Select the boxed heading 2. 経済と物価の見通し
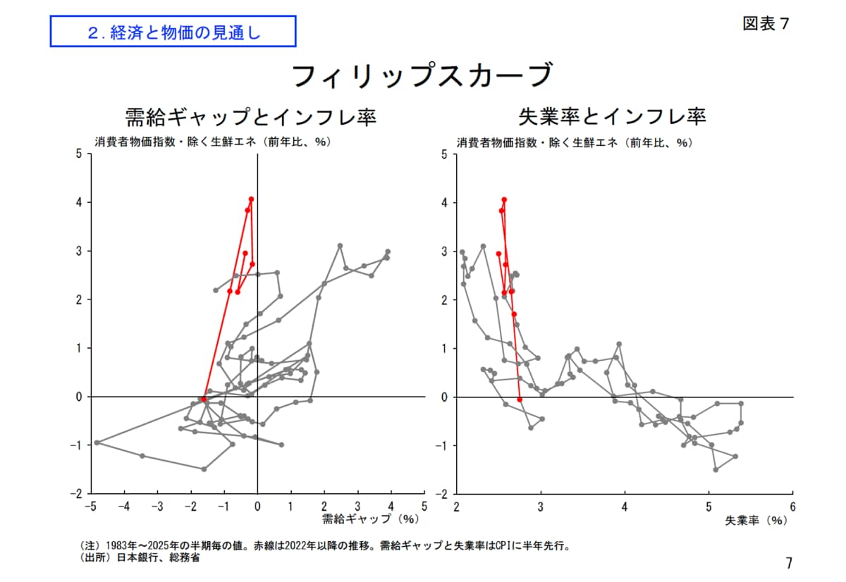[x=173, y=32]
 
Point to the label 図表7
[x=766, y=23]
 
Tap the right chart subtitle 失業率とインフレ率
[x=612, y=116]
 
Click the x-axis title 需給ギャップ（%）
[x=370, y=519]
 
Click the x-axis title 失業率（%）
[x=755, y=521]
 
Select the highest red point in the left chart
[x=251, y=199]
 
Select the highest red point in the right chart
[x=504, y=199]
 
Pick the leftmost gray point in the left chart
[x=97, y=442]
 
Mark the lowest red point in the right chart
[x=520, y=400]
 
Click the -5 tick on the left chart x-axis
[x=90, y=506]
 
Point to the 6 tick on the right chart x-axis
[x=793, y=506]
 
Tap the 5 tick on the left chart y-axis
[x=79, y=154]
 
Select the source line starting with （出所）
[x=138, y=557]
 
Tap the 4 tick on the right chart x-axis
[x=625, y=506]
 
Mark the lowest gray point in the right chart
[x=716, y=469]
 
